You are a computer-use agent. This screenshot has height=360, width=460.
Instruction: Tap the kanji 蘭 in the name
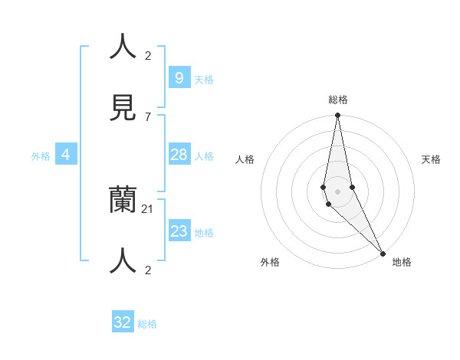click(x=123, y=200)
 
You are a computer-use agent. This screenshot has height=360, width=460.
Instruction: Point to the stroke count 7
click(x=148, y=116)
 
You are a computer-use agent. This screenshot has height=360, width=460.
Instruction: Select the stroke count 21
click(x=149, y=209)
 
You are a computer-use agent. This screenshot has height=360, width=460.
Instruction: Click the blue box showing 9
click(x=179, y=77)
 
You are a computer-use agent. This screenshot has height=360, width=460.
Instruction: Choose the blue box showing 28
click(x=179, y=155)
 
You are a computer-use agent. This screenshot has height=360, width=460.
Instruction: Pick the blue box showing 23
click(x=179, y=231)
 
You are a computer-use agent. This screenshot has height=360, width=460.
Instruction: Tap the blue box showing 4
click(x=66, y=155)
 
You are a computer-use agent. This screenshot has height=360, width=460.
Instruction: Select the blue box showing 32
click(x=123, y=322)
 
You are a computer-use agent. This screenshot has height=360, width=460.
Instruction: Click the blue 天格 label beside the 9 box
click(x=204, y=80)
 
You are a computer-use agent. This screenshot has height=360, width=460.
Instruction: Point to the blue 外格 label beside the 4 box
click(x=41, y=156)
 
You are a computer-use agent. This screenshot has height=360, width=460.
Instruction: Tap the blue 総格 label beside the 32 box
click(x=147, y=324)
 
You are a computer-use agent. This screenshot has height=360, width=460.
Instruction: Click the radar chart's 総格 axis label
click(x=338, y=100)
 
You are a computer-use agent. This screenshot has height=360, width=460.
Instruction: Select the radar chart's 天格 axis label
click(x=431, y=159)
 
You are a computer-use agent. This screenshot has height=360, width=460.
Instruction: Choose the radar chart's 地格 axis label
click(x=402, y=262)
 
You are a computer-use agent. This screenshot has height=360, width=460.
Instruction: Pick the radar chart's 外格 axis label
click(x=270, y=262)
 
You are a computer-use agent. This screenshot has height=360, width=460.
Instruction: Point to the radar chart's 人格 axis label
click(x=245, y=159)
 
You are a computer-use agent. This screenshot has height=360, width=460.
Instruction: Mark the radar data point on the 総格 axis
click(x=337, y=116)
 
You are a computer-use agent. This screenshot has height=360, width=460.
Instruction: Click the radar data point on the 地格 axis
click(x=383, y=253)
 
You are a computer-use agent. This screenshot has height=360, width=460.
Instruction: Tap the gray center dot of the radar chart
click(x=337, y=191)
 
